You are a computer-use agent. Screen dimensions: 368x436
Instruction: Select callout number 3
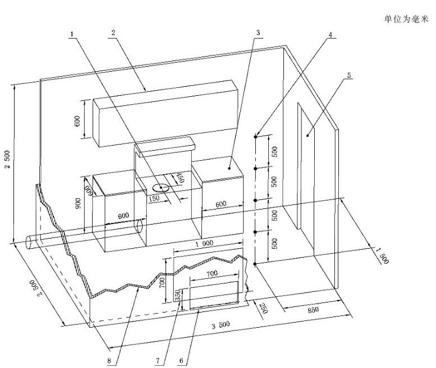coord(257,33)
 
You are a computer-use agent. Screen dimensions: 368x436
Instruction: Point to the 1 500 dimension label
coord(381,254)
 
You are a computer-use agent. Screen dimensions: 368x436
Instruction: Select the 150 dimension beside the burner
coord(154,198)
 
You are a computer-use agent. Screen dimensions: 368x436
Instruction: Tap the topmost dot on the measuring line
coord(256,136)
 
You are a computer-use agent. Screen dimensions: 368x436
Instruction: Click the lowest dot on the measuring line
coord(256,263)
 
